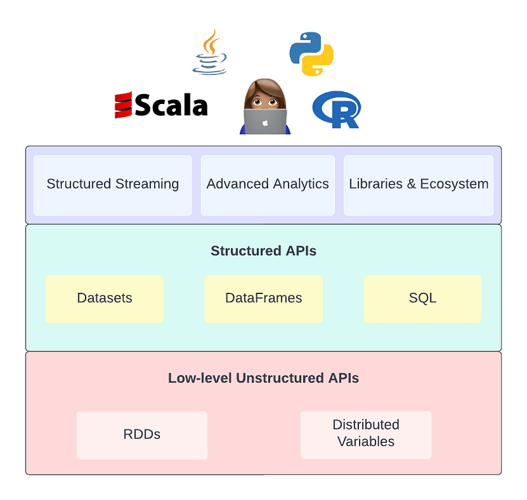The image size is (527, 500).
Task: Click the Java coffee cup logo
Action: coord(209,53)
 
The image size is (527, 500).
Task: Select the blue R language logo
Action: coord(337,109)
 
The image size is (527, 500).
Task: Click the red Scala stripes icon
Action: coord(124,105)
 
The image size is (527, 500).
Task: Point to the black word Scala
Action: coord(171,105)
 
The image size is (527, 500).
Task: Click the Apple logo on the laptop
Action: coord(265,122)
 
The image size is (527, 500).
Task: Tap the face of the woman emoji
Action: coord(265,96)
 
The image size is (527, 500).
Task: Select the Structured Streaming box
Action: coord(113,185)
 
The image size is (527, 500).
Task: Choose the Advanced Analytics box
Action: coord(267,185)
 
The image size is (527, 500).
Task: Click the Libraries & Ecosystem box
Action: coord(418,185)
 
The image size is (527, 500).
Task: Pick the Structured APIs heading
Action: coord(263,251)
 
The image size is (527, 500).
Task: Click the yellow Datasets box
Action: coord(104,299)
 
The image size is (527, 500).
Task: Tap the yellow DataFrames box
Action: coord(263,299)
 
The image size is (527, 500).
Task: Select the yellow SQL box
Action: coord(422,299)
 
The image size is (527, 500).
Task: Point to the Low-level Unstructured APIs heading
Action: coord(263,378)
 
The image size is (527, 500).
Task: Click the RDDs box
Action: coord(142,435)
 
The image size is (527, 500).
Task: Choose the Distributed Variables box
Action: coord(366,434)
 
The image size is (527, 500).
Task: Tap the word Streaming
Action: coord(147,184)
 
